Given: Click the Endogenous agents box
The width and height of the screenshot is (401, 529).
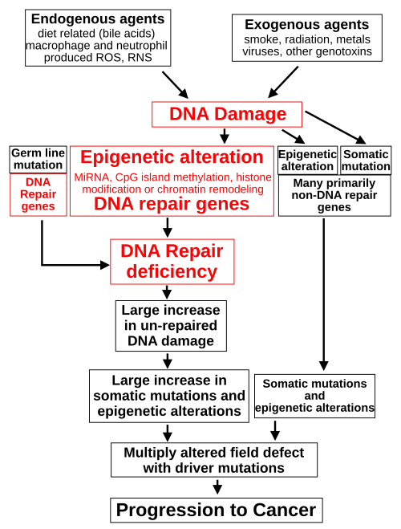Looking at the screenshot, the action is pyautogui.click(x=98, y=38).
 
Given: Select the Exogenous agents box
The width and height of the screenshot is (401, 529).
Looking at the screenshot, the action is pyautogui.click(x=307, y=38).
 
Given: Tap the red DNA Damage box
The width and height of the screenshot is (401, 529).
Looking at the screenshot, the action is pyautogui.click(x=227, y=114).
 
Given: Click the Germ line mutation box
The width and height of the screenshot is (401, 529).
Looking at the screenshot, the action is pyautogui.click(x=38, y=160).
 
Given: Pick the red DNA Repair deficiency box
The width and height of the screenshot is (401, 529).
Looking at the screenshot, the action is pyautogui.click(x=172, y=262).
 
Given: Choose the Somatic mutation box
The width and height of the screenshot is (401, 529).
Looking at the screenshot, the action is pyautogui.click(x=366, y=161).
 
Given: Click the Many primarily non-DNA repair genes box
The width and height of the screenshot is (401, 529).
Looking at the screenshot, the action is pyautogui.click(x=334, y=195).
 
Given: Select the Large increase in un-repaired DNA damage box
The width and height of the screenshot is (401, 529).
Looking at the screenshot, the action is pyautogui.click(x=171, y=326).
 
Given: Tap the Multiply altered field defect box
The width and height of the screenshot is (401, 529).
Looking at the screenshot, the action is pyautogui.click(x=214, y=460).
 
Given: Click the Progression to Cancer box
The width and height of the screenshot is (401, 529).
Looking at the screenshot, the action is pyautogui.click(x=217, y=510).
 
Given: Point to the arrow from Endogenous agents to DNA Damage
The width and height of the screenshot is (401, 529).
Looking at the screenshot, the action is pyautogui.click(x=175, y=85).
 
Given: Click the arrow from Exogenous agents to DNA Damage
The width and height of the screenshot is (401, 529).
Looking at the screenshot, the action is pyautogui.click(x=283, y=83).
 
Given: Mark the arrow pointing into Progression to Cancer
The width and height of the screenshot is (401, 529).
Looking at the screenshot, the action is pyautogui.click(x=217, y=487).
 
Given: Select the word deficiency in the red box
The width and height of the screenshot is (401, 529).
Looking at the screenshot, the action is pyautogui.click(x=172, y=271).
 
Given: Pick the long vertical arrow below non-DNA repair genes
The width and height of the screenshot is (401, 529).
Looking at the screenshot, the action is pyautogui.click(x=324, y=295).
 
